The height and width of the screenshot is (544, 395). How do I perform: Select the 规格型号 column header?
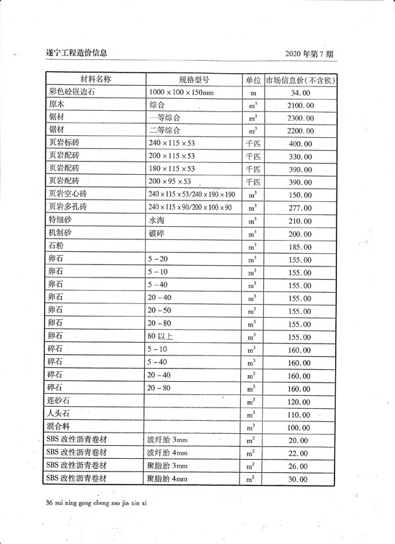pyautogui.click(x=194, y=80)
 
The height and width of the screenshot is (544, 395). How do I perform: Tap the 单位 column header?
pyautogui.click(x=253, y=80)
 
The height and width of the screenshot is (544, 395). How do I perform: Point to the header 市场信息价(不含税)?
pyautogui.click(x=301, y=80)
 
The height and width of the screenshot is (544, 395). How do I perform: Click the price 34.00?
pyautogui.click(x=300, y=94)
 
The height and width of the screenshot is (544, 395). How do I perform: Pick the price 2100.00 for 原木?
pyautogui.click(x=300, y=106)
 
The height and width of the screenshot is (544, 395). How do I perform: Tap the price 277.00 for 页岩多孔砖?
pyautogui.click(x=300, y=208)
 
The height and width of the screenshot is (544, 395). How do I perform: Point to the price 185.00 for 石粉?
pyautogui.click(x=300, y=247)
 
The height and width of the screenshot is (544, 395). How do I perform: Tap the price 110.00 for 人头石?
pyautogui.click(x=300, y=414)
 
